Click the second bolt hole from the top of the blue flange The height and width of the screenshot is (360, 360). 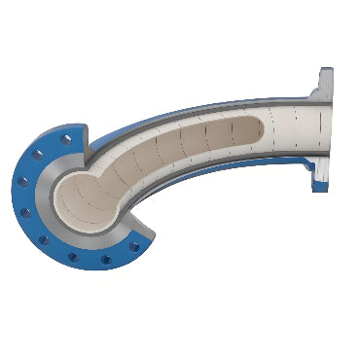(40, 154)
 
